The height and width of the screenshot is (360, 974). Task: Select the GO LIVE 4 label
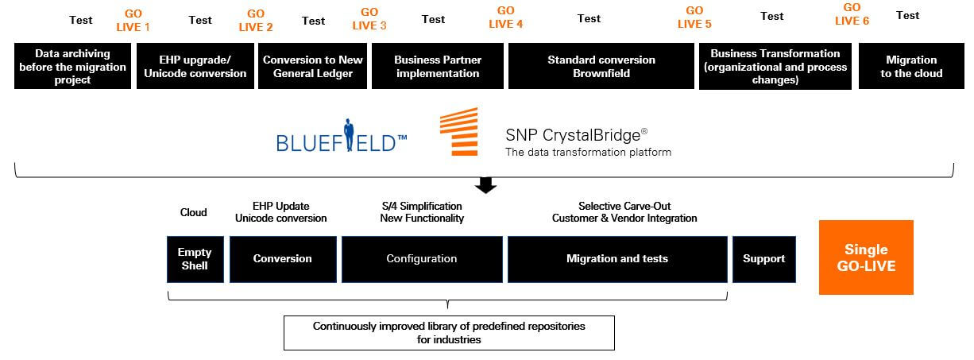(x=505, y=17)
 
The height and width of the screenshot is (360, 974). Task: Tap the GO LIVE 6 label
(x=852, y=15)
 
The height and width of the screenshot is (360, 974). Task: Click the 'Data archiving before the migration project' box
(x=72, y=67)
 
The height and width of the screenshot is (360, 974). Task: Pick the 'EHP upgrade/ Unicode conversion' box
(x=195, y=67)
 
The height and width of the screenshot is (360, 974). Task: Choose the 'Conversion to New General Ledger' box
(x=313, y=67)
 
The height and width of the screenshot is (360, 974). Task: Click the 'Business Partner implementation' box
(x=437, y=67)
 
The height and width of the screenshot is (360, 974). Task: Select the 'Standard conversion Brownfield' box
(x=601, y=67)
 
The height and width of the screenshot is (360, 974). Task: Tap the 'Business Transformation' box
(x=775, y=67)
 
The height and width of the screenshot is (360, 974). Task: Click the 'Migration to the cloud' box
(x=910, y=67)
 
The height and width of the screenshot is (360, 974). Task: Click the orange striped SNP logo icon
(x=458, y=132)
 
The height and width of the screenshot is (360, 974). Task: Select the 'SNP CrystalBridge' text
(x=571, y=134)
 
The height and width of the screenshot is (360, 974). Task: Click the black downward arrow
(x=486, y=185)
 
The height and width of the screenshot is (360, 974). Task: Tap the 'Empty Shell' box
(x=195, y=259)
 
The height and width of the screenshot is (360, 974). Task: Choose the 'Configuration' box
(x=421, y=259)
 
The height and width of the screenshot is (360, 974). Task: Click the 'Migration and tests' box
(x=617, y=259)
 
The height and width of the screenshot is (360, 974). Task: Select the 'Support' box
(x=763, y=259)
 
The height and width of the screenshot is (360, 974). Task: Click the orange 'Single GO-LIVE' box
(x=866, y=257)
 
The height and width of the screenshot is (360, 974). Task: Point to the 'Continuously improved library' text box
(x=449, y=332)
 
